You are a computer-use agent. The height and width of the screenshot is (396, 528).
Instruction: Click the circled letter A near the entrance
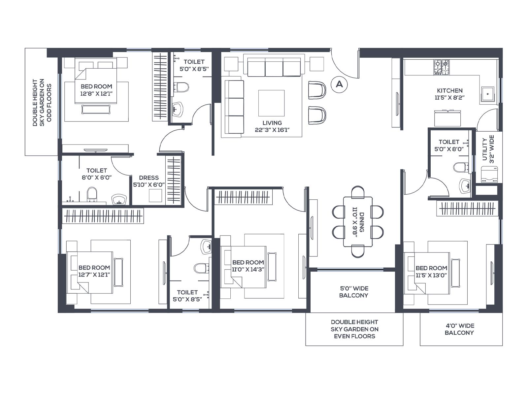click(x=339, y=84)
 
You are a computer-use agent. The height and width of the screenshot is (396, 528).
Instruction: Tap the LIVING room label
click(x=272, y=126)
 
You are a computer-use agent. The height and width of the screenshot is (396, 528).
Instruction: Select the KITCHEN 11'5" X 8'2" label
click(x=449, y=94)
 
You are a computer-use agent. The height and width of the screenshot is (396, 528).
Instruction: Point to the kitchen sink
click(x=488, y=94)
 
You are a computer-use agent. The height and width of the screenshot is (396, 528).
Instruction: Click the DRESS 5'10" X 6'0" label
click(x=149, y=181)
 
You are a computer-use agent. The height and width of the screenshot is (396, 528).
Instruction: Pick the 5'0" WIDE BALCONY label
click(x=353, y=292)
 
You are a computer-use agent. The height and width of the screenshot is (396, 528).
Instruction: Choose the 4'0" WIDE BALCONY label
click(x=459, y=329)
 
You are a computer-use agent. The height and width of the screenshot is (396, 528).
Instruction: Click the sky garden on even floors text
click(x=354, y=329)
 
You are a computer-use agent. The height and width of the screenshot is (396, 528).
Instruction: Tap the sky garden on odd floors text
click(x=42, y=102)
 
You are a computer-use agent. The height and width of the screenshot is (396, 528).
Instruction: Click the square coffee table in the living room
click(x=271, y=103)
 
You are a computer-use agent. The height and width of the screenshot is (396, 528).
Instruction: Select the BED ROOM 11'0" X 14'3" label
click(x=248, y=266)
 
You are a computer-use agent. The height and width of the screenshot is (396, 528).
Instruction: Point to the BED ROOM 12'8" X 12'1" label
click(x=96, y=90)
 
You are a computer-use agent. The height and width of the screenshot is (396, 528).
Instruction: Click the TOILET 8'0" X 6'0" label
click(x=97, y=174)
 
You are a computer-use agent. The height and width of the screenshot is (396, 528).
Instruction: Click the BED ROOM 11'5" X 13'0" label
click(x=431, y=272)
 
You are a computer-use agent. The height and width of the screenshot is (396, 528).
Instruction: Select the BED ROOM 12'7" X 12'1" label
click(x=94, y=271)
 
